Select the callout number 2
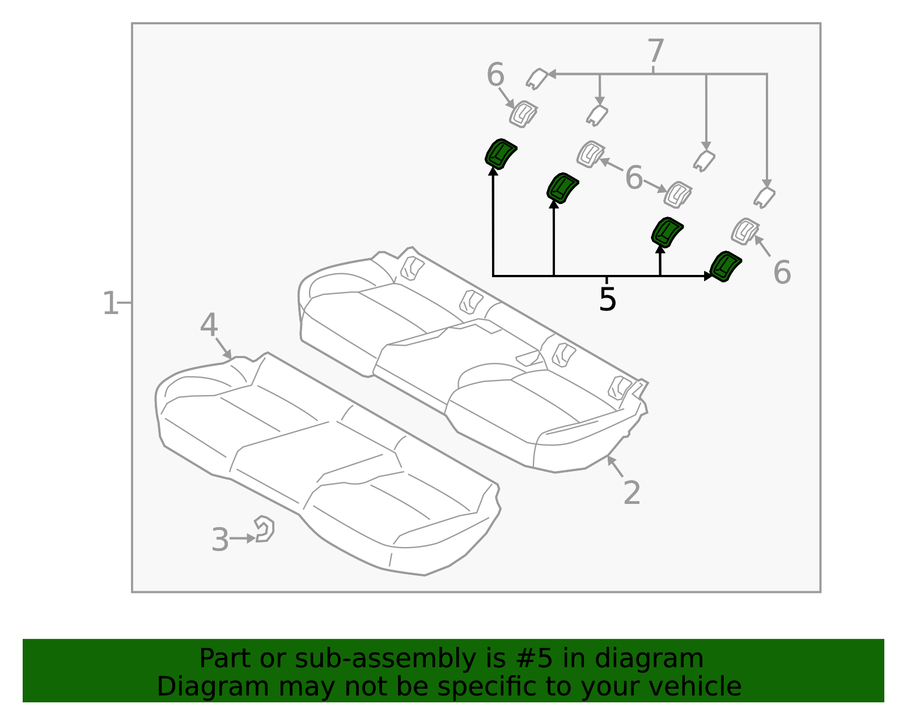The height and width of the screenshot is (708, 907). (631, 493)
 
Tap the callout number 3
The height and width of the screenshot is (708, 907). (220, 540)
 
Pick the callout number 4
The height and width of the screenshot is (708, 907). (209, 325)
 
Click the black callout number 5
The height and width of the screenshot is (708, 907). (607, 299)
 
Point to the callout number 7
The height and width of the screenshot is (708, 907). (655, 52)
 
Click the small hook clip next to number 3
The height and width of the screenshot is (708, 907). (265, 529)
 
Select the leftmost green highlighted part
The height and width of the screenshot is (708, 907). (500, 153)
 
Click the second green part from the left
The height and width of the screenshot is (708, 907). (562, 188)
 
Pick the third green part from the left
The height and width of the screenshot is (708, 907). (667, 232)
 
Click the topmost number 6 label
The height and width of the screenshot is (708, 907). (495, 75)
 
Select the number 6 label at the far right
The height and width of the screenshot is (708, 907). (782, 273)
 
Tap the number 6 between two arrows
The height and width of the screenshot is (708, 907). (634, 178)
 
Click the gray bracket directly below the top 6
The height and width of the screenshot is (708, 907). (523, 114)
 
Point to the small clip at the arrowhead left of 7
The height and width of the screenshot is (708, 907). (536, 78)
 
